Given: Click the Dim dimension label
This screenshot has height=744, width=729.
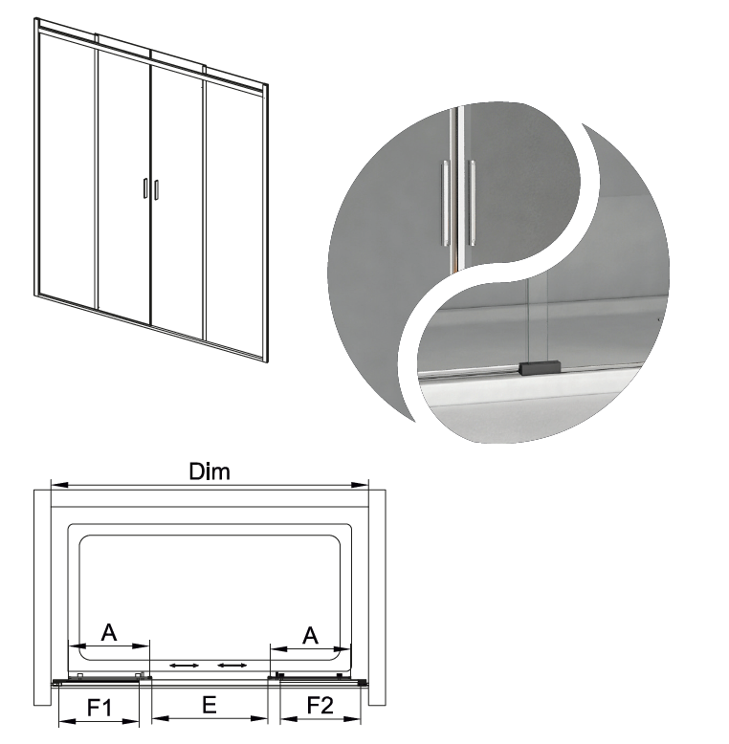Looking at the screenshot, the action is tap(210, 471).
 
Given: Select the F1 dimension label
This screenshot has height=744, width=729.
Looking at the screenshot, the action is tap(99, 708).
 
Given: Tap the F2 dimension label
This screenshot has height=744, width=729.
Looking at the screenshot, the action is tap(320, 706).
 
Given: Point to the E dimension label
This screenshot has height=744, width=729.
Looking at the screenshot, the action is tap(210, 705).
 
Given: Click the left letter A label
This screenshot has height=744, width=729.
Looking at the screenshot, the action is tap(109, 632).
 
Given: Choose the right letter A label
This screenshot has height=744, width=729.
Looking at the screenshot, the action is tap(310, 635).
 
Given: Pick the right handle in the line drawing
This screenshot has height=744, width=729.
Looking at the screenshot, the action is tap(156, 188).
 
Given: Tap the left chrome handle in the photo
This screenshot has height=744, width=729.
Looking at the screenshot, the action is tap(445, 203).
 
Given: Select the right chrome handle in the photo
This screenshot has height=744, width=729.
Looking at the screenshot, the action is tap(471, 203).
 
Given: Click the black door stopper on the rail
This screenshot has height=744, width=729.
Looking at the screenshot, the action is tap(541, 368).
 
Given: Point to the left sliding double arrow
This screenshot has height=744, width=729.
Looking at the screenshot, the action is tap(185, 666).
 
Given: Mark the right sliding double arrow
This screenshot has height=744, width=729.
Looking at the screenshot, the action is tap(232, 666).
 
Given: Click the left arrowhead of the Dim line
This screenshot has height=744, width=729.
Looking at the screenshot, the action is tap(60, 485).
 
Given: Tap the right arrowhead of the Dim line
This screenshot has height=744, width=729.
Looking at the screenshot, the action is tap(359, 485).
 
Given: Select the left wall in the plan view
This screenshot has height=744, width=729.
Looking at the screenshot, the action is tap(42, 597).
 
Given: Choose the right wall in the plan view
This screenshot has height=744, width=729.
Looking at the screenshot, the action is tap(377, 597).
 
